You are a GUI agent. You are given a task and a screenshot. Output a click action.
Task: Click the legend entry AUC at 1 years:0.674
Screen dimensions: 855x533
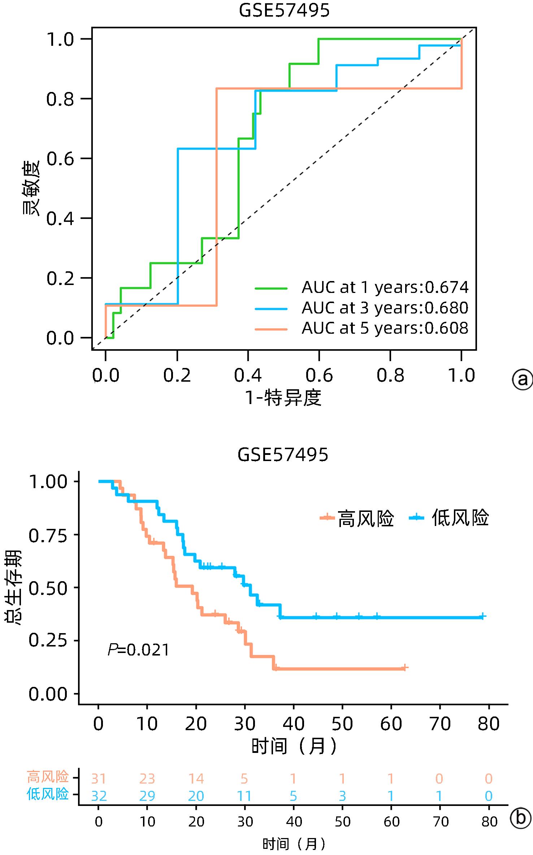pyautogui.click(x=385, y=288)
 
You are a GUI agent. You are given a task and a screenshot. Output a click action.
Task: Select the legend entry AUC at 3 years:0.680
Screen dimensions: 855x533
pyautogui.click(x=385, y=308)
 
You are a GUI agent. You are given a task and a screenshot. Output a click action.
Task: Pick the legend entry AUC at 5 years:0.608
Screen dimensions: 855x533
pyautogui.click(x=385, y=328)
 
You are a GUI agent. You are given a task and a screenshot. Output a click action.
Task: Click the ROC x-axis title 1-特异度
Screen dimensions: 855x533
pyautogui.click(x=283, y=398)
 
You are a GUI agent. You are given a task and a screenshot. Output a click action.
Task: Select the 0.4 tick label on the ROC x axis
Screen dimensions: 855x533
pyautogui.click(x=248, y=376)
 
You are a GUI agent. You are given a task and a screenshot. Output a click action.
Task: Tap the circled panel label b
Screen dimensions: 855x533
pyautogui.click(x=520, y=818)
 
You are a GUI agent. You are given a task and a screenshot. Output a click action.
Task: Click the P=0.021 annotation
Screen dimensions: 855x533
pyautogui.click(x=139, y=650)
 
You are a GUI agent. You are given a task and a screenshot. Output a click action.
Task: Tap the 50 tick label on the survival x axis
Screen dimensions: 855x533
pyautogui.click(x=342, y=724)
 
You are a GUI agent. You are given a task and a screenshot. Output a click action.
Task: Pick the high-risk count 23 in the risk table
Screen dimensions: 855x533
pyautogui.click(x=147, y=779)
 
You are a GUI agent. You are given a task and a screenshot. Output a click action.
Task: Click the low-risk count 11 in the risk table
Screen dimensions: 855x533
pyautogui.click(x=244, y=796)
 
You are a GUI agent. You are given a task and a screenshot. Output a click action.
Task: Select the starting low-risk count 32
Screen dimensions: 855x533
pyautogui.click(x=99, y=796)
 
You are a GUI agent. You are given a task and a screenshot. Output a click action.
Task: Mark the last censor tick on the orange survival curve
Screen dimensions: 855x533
pyautogui.click(x=405, y=667)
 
